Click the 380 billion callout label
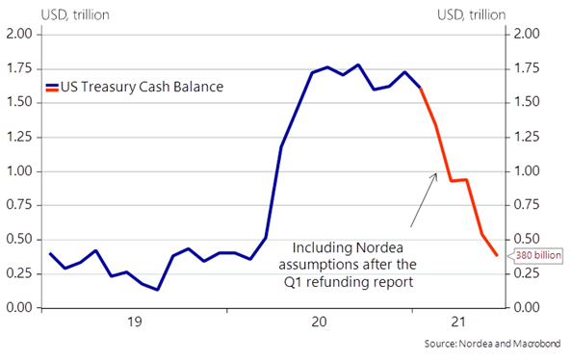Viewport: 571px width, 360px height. click(532, 256)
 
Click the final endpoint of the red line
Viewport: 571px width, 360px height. click(498, 255)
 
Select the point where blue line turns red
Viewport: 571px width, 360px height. click(421, 88)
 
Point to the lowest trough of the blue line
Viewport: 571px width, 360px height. click(157, 290)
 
